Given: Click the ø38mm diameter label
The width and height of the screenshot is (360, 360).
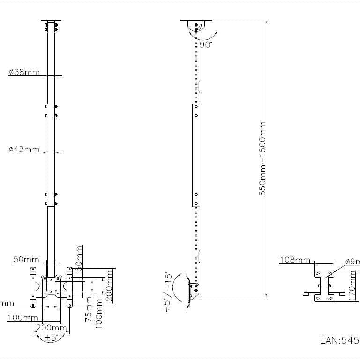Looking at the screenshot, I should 24,72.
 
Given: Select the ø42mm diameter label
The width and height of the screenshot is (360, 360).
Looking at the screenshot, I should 24,150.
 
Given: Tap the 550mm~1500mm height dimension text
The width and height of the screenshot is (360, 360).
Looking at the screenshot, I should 263,159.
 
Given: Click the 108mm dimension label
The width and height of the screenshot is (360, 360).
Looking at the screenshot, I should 295,260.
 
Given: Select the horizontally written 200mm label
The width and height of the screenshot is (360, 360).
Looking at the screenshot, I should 51,328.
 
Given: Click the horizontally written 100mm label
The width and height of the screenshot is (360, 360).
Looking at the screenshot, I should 22,317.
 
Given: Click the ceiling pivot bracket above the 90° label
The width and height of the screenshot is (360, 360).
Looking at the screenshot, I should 196,26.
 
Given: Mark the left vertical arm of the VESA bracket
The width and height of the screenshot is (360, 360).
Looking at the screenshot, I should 33,286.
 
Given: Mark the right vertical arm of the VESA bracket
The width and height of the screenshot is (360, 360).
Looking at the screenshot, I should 69,286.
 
